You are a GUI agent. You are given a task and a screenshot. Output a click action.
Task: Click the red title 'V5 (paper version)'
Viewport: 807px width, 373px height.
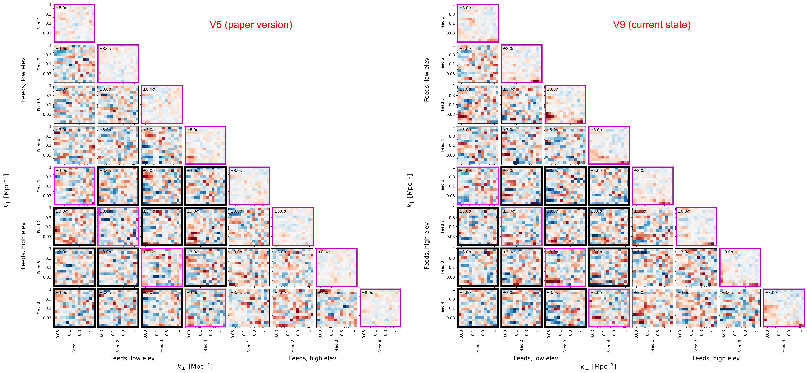click(x=251, y=25)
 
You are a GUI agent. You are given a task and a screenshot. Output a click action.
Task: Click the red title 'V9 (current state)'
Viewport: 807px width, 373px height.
click(x=652, y=25)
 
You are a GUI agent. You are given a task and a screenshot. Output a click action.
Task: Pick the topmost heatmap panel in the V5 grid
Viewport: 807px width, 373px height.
click(x=74, y=23)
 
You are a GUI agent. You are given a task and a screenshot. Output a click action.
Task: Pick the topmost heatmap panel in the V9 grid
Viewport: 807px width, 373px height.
click(x=478, y=23)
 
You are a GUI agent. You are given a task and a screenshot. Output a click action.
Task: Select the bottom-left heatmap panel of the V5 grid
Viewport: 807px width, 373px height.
click(x=74, y=308)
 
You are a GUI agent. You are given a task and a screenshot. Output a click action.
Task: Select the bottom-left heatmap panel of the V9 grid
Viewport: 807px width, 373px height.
click(x=478, y=308)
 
